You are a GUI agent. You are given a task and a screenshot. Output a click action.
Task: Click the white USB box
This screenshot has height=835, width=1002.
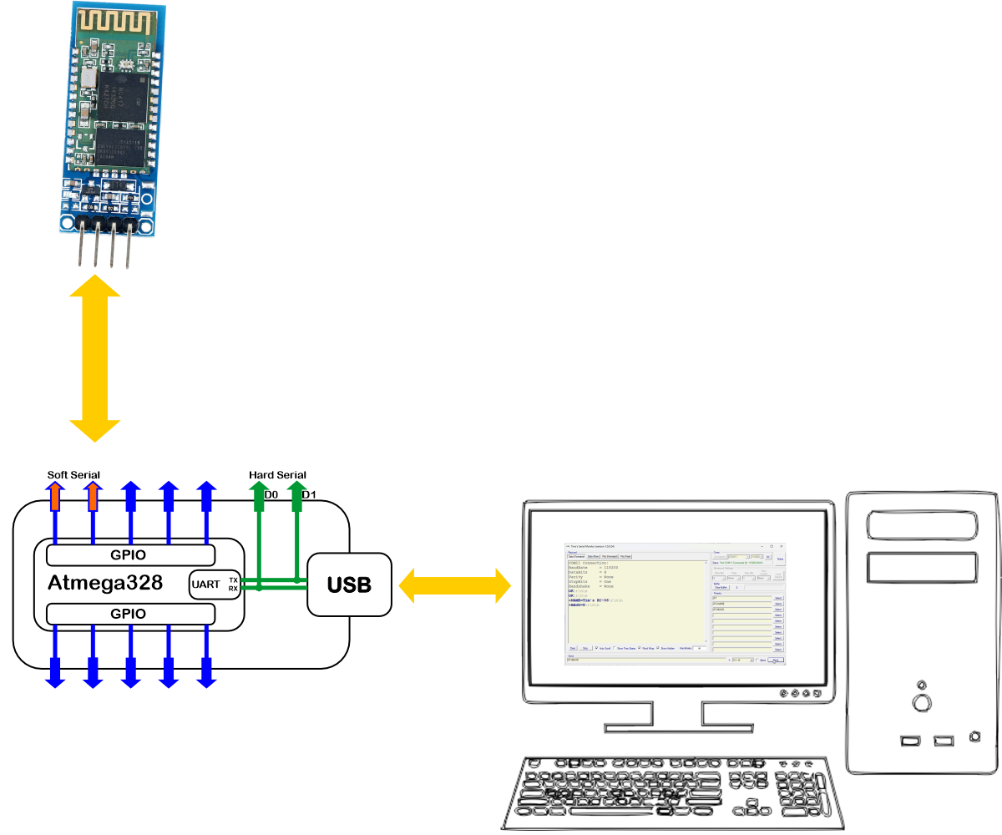coord(349,584)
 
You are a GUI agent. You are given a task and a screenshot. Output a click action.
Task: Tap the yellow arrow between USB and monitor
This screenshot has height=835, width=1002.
coord(454,584)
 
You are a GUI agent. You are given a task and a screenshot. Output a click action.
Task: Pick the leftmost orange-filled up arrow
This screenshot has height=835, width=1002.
coord(55,496)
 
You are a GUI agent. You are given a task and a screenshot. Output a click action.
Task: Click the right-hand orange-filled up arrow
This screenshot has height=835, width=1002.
coord(93,496)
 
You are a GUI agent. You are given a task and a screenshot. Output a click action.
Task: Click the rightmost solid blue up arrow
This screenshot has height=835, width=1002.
coord(206,496)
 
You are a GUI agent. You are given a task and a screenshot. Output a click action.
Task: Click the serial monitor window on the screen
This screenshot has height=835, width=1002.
coord(676,602)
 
